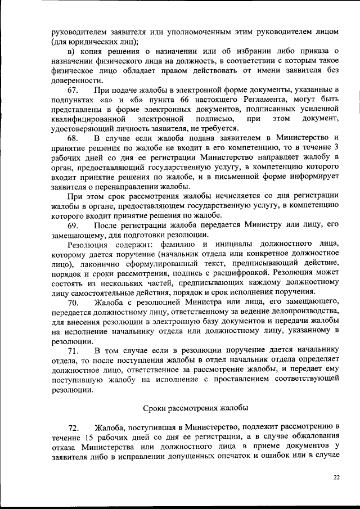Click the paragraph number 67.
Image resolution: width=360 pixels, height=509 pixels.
[x=73, y=90]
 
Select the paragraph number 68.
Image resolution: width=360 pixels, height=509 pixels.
[x=73, y=138]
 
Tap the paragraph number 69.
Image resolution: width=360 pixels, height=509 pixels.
[x=73, y=224]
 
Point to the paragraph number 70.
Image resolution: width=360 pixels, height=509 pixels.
[x=73, y=303]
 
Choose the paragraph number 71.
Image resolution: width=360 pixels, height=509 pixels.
[x=73, y=351]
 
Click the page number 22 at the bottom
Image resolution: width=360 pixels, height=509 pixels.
[x=336, y=477]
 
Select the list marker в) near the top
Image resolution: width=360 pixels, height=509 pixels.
[x=71, y=52]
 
